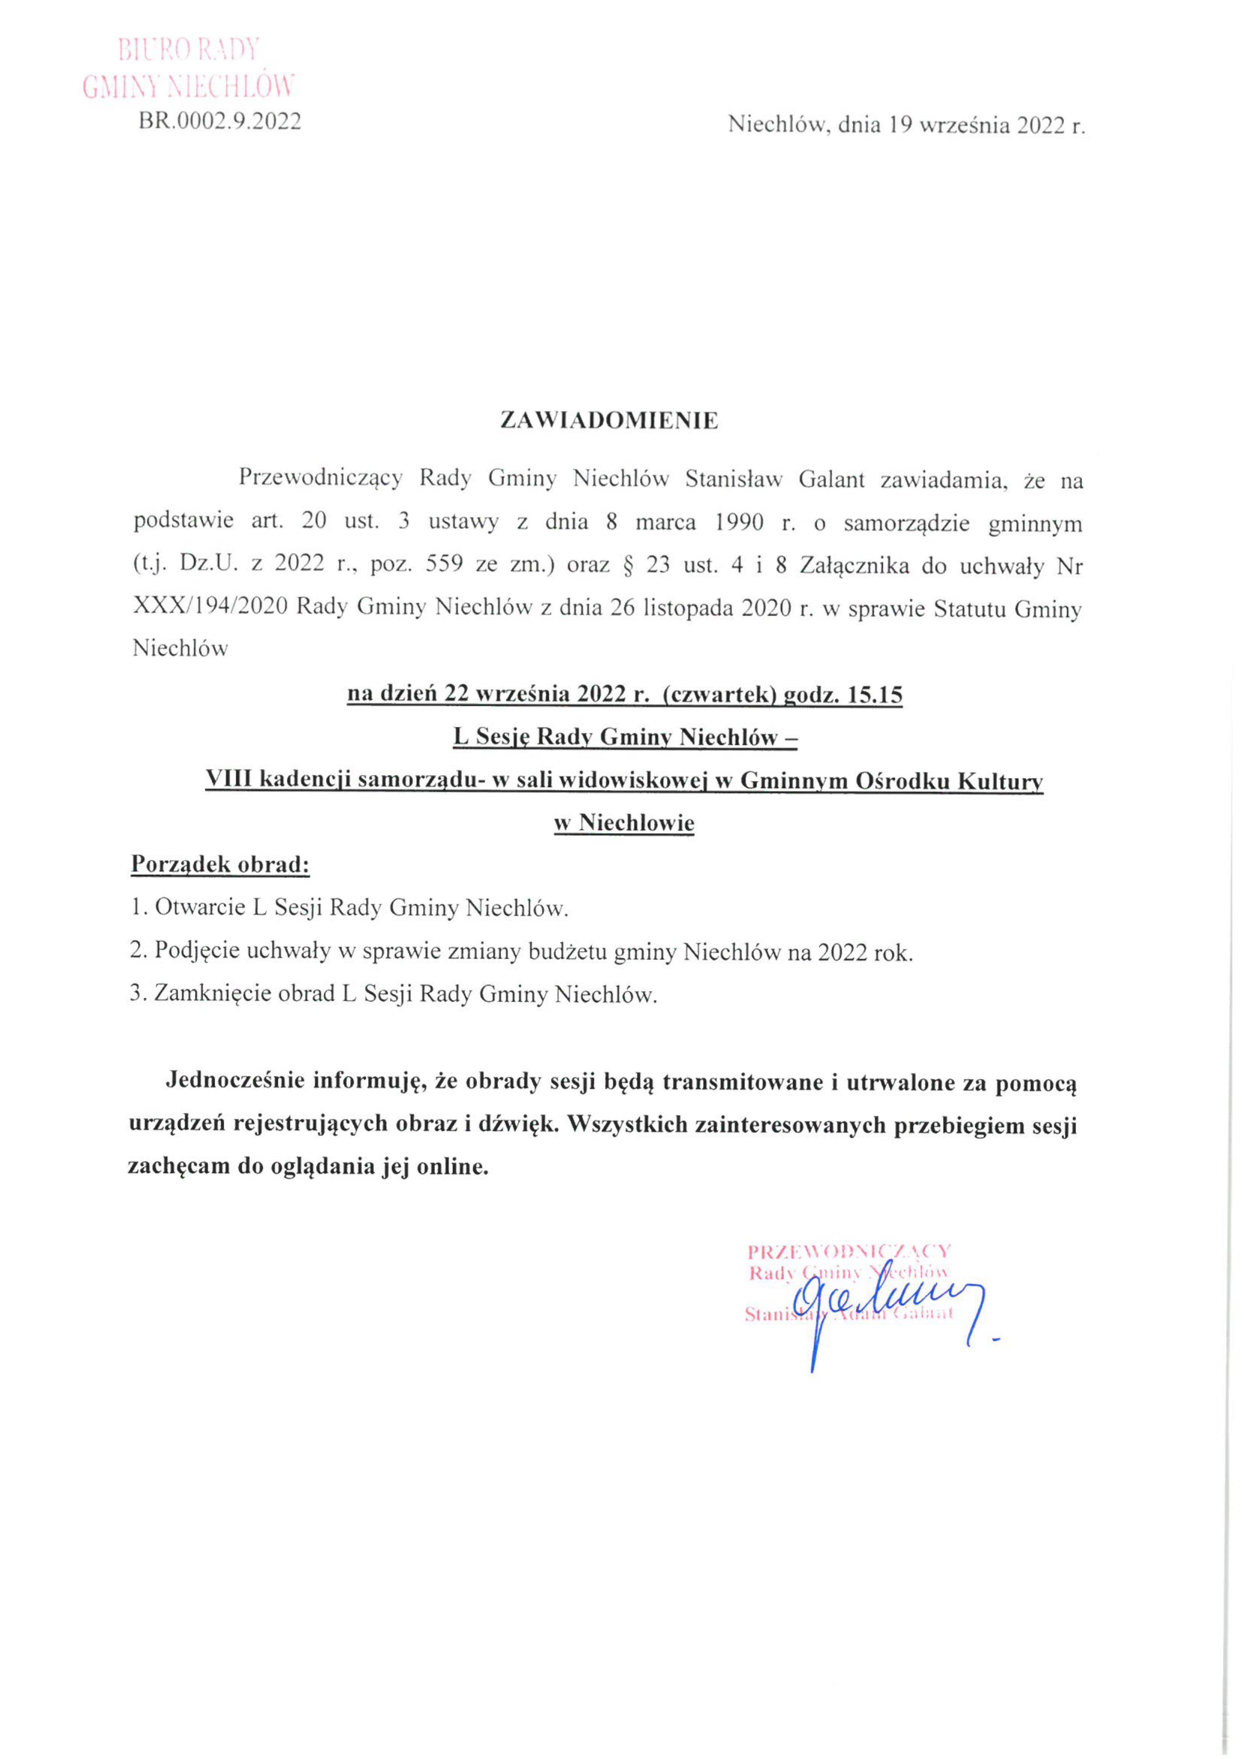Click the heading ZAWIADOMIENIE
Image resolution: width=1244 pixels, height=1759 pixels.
click(609, 421)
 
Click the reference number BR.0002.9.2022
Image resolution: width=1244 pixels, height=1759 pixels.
click(220, 121)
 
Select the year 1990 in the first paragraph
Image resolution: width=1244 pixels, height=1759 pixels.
click(739, 523)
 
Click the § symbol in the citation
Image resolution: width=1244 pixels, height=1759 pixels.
click(630, 565)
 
